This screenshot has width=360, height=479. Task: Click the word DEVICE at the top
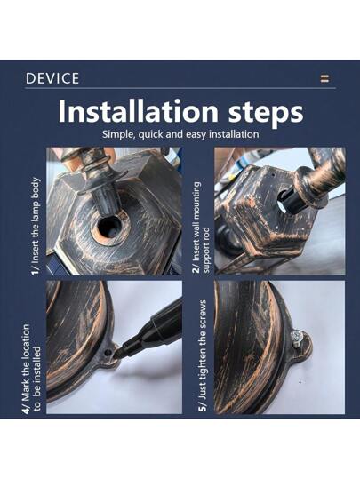(x=52, y=78)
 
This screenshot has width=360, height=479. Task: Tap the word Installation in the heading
(x=138, y=111)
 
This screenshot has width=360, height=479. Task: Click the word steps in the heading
(x=266, y=112)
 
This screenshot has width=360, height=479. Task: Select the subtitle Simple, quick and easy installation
(x=180, y=134)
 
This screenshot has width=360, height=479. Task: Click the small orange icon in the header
(x=324, y=78)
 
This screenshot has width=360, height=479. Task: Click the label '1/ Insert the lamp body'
(x=36, y=226)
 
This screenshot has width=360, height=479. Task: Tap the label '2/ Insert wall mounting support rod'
(x=202, y=228)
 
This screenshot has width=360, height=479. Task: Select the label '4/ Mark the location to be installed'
(x=30, y=369)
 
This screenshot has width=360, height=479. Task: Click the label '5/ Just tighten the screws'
(x=203, y=355)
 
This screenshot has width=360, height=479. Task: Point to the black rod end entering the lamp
(x=291, y=201)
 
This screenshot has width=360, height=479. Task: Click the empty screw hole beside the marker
(x=107, y=352)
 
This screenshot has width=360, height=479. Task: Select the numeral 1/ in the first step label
(x=36, y=269)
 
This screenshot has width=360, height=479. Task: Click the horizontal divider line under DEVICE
(x=180, y=88)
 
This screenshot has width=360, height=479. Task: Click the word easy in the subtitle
(x=195, y=135)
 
